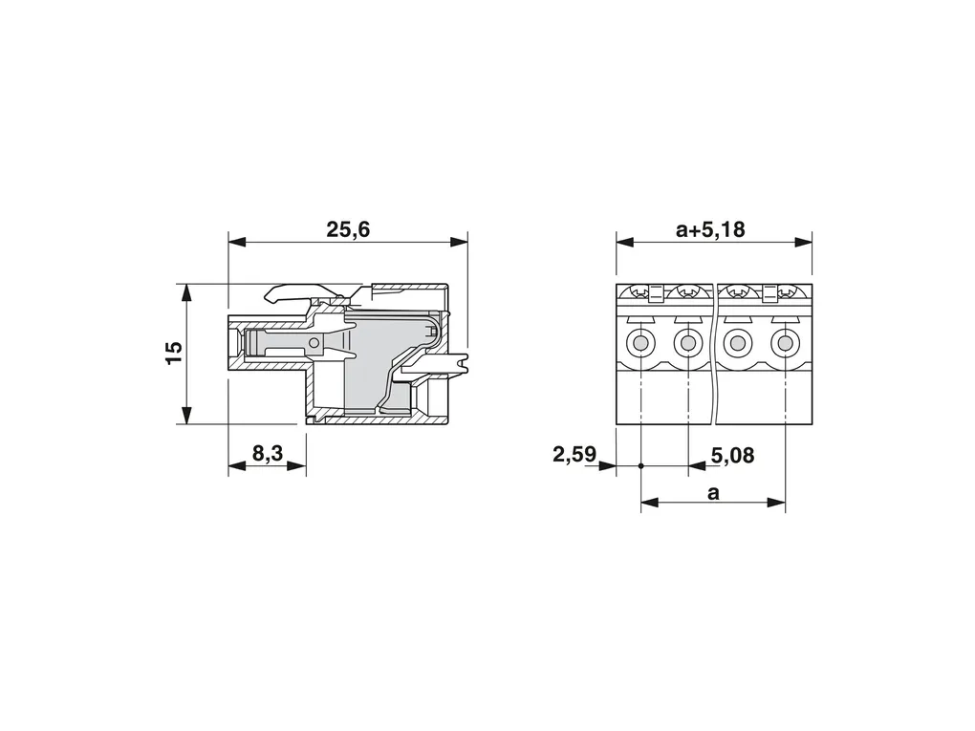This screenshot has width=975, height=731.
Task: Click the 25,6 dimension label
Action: pyautogui.click(x=348, y=230)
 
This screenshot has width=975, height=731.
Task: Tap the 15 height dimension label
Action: pyautogui.click(x=175, y=353)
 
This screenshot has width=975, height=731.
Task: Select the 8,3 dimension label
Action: pyautogui.click(x=268, y=454)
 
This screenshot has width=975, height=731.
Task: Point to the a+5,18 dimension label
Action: pyautogui.click(x=710, y=230)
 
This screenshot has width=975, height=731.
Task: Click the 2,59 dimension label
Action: pyautogui.click(x=574, y=455)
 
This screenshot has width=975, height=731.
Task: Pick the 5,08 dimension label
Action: pyautogui.click(x=732, y=456)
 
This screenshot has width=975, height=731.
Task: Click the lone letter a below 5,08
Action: pyautogui.click(x=713, y=493)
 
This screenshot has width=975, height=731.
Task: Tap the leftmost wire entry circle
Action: pyautogui.click(x=639, y=342)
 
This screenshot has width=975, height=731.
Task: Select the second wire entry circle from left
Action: pyautogui.click(x=687, y=342)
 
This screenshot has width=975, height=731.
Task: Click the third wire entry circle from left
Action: pyautogui.click(x=738, y=342)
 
